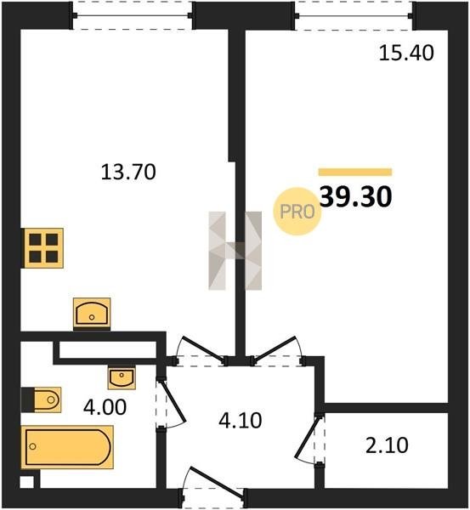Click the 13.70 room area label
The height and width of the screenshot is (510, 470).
pos(128,172)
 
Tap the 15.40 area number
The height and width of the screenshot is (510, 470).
pos(406,53)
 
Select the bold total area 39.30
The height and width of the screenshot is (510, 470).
pos(356,197)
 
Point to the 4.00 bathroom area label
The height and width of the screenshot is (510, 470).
pos(105,407)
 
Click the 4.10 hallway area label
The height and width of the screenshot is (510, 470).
pos(241,421)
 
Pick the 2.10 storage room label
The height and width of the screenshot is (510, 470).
pos(387,445)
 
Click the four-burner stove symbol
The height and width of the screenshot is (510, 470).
pos(43,248)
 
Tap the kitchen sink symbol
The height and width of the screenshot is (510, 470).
pos(92,313)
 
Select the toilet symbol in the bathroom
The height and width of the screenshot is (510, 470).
pos(41,399)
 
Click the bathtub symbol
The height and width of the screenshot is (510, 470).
pos(67,447)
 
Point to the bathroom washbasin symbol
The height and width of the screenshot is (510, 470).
pos(122,378)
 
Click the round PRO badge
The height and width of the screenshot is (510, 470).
pos(297,212)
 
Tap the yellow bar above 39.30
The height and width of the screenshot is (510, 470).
pos(355,172)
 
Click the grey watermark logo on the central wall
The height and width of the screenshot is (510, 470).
pos(235,251)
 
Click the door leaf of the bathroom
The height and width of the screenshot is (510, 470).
pos(173,401)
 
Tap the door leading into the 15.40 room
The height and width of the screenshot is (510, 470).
pos(277,348)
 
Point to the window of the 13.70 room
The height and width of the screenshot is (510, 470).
pos(133,15)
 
